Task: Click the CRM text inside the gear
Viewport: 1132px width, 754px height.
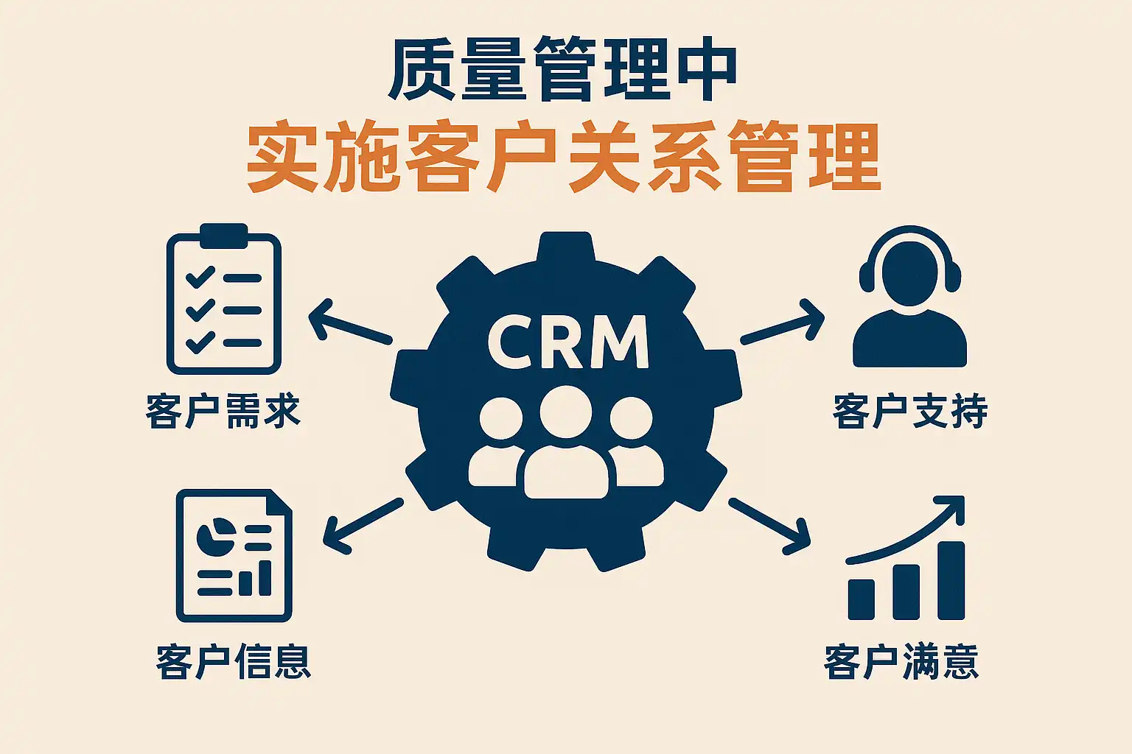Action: [x=567, y=342]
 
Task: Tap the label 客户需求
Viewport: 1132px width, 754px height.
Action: [x=223, y=411]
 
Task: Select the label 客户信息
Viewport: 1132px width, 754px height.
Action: [x=233, y=660]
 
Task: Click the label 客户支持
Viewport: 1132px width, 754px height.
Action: [x=910, y=411]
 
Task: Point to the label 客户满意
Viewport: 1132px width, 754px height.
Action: [x=901, y=660]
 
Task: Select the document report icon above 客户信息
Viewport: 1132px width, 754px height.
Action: [x=234, y=556]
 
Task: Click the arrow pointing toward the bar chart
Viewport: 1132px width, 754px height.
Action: [x=769, y=525]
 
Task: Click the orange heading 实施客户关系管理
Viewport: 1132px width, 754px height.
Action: [x=564, y=158]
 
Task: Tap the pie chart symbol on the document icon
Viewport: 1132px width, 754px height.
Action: [x=214, y=537]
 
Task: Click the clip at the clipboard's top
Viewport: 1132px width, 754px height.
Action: [x=224, y=235]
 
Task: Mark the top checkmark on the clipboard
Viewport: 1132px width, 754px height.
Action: [x=200, y=277]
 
